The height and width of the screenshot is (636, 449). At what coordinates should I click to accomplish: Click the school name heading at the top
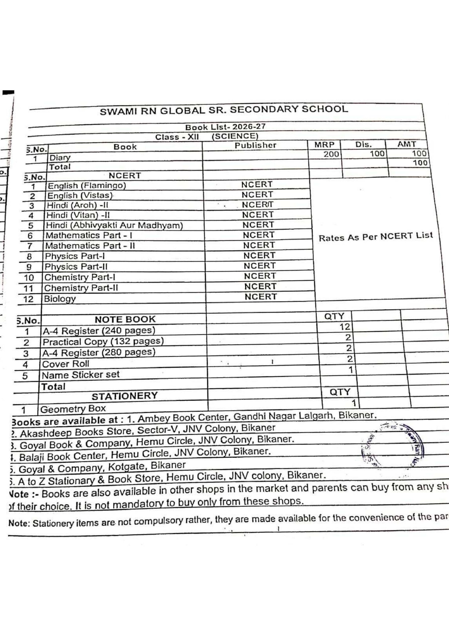click(224, 110)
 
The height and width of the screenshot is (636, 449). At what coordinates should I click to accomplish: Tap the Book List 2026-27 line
click(225, 127)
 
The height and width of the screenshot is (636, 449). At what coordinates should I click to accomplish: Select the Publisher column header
click(255, 145)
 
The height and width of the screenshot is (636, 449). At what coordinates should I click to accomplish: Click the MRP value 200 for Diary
click(331, 154)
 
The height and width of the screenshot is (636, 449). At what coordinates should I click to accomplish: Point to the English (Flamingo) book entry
click(87, 185)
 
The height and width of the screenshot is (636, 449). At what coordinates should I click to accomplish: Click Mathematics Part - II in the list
click(90, 246)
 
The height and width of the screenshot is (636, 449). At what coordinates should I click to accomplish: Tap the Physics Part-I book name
click(75, 256)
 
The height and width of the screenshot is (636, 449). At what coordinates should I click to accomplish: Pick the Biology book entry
click(60, 299)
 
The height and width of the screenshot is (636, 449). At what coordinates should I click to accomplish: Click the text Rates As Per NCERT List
click(375, 237)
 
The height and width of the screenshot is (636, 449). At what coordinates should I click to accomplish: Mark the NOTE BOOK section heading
click(125, 319)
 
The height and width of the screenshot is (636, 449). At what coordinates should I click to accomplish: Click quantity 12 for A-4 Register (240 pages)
click(345, 327)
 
